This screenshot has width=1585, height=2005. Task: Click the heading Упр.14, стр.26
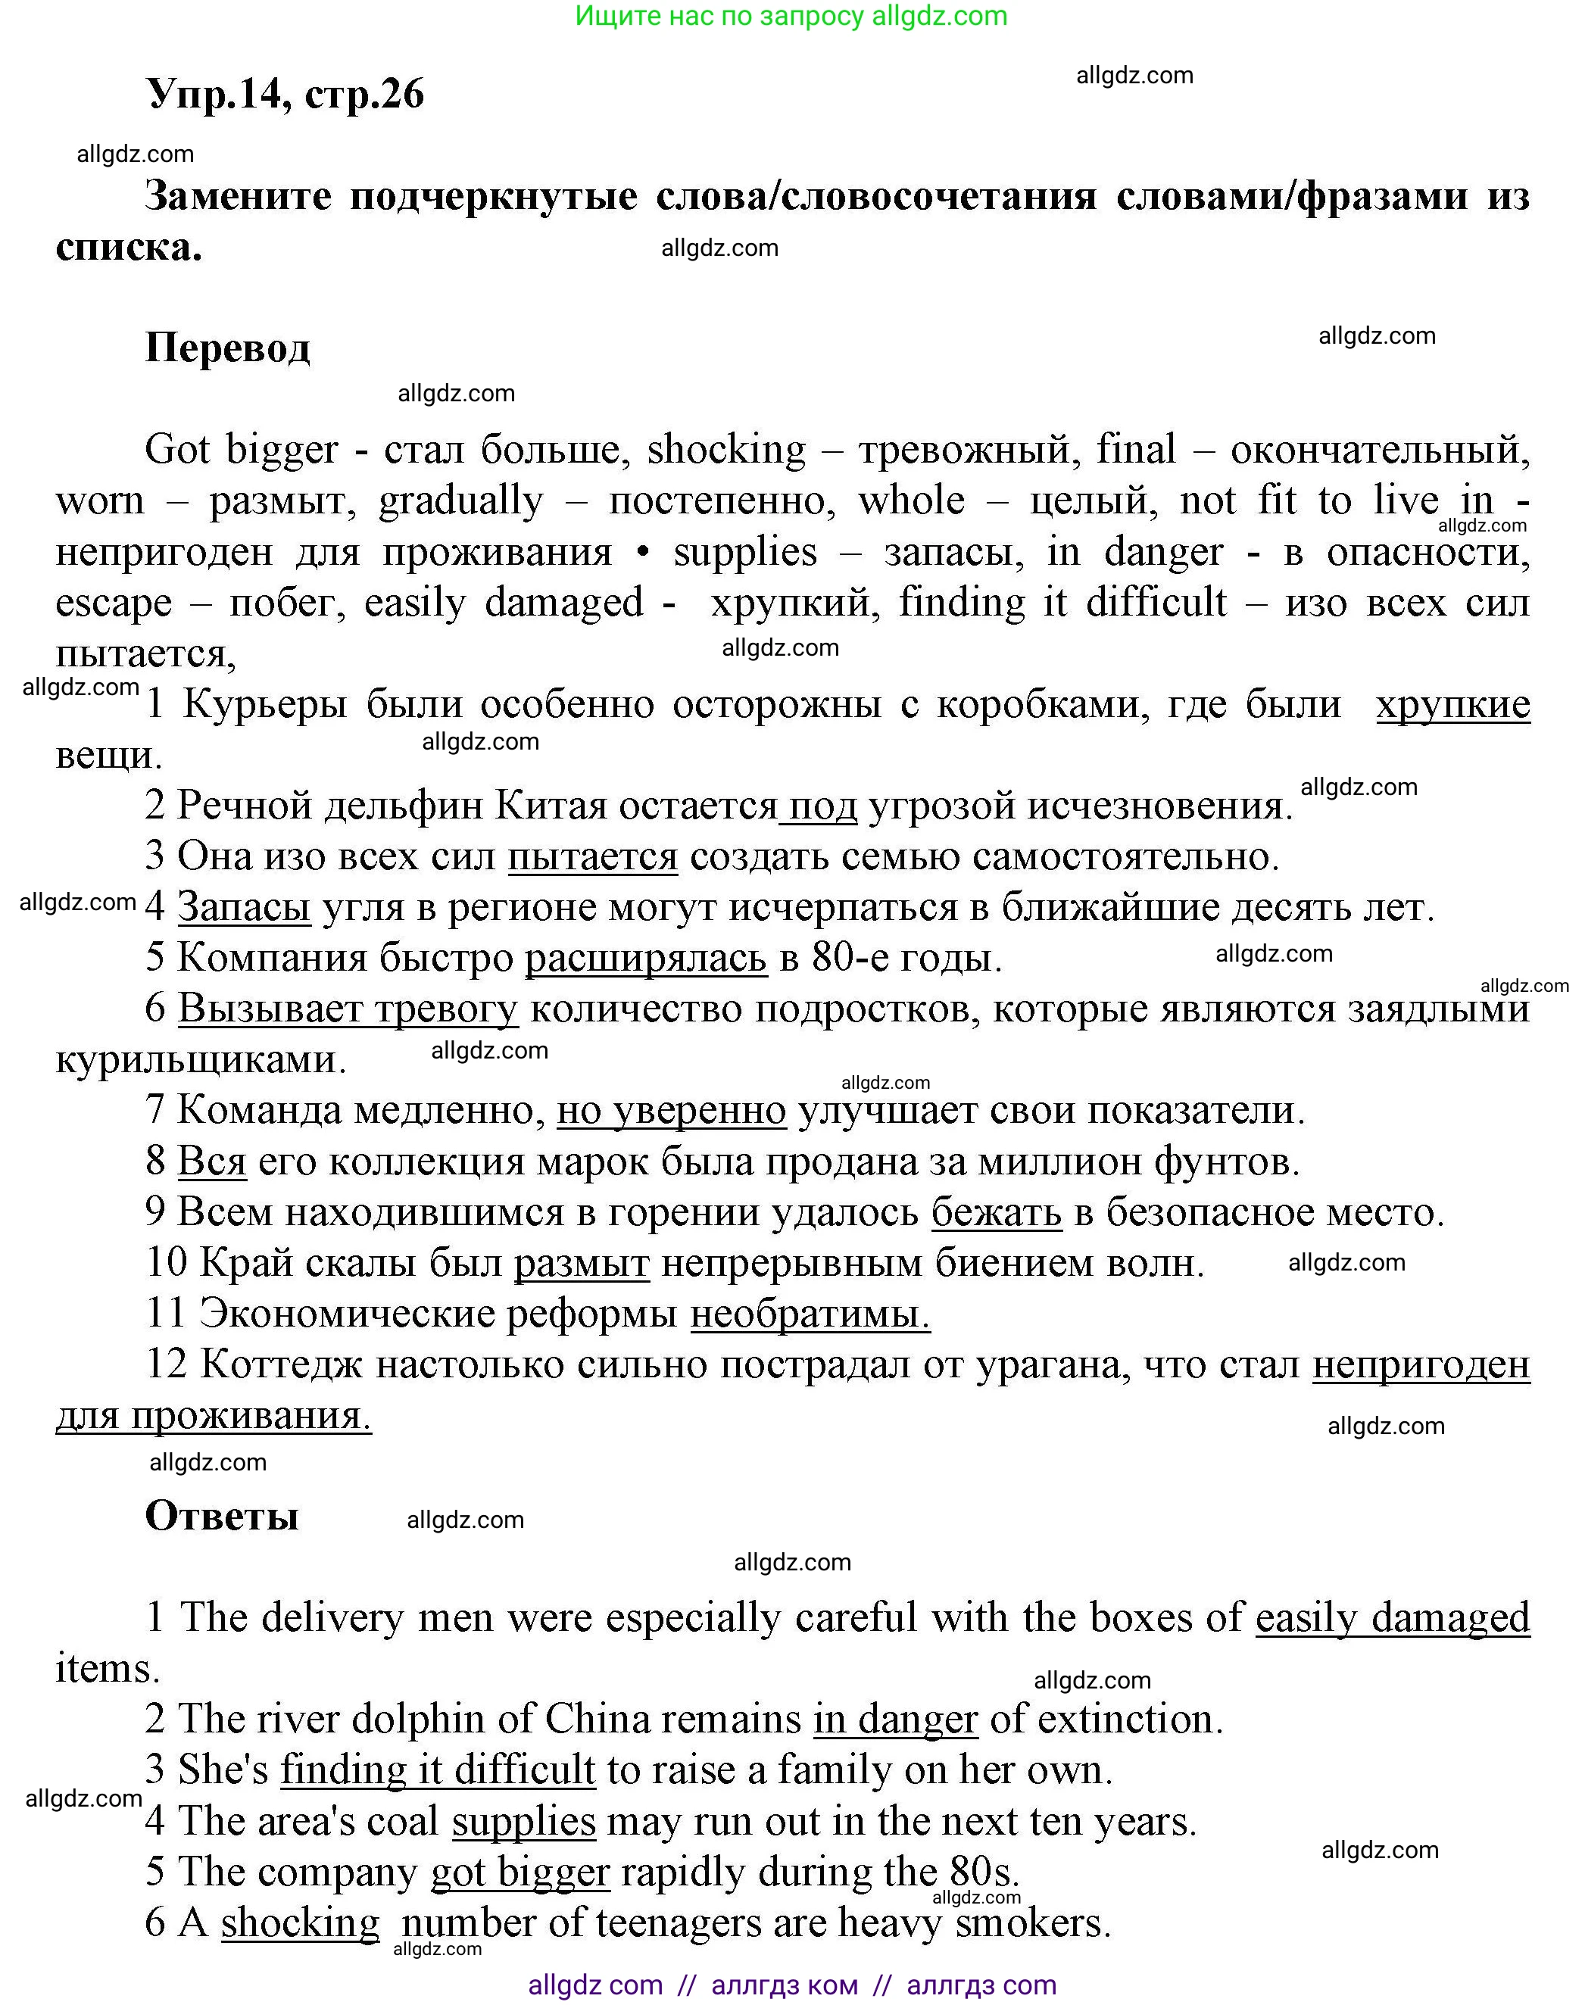pos(285,94)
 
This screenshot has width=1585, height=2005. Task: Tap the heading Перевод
pos(227,348)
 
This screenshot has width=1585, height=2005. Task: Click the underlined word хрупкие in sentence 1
pos(1452,705)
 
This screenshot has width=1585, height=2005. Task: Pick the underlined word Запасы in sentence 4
pos(244,906)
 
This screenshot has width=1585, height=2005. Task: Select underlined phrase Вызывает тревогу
pos(348,1009)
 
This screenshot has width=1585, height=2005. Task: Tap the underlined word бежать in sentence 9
pos(996,1211)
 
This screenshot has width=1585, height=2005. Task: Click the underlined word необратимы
pos(810,1314)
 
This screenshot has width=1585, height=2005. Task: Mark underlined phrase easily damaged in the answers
pos(1392,1617)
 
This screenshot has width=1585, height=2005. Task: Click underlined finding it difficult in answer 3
pos(438,1770)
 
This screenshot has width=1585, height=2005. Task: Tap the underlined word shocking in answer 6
pos(301,1922)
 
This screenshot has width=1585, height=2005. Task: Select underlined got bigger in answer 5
pos(519,1872)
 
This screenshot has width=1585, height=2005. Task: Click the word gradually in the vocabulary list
pos(460,501)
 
